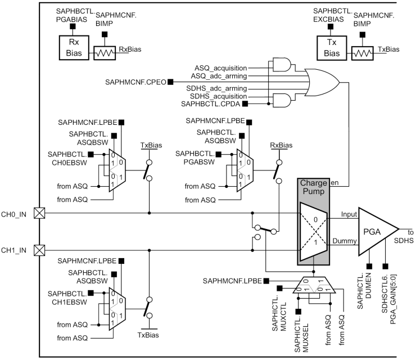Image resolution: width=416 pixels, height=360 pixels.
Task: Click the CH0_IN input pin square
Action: (x=39, y=213)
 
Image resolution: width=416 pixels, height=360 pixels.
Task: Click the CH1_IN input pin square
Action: (x=39, y=249)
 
